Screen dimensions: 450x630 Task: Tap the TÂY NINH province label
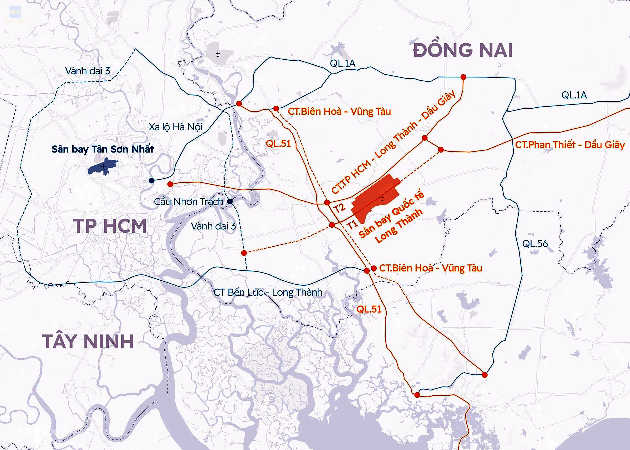pos(88,341)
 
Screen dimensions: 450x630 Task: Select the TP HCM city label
pos(110,226)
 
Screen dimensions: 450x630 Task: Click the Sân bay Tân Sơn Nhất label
pos(103,149)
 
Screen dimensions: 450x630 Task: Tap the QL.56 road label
pos(535,244)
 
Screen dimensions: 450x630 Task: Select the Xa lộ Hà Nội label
pos(176,127)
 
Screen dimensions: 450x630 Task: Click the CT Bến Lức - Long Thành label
pos(268,292)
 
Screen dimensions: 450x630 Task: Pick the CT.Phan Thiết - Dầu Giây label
pos(570,145)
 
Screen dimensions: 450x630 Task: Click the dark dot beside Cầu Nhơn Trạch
pos(230,201)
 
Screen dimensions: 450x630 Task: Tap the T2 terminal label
pos(339,208)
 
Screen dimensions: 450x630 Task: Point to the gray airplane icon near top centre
pos(218,54)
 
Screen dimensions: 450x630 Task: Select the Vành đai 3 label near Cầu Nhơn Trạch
pos(213,226)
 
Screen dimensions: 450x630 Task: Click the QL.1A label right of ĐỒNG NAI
pos(574,95)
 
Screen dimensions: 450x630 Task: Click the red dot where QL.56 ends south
pos(485,375)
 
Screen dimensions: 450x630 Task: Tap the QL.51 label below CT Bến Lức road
pos(369,309)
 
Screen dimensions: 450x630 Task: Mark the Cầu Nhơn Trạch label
pos(188,202)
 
